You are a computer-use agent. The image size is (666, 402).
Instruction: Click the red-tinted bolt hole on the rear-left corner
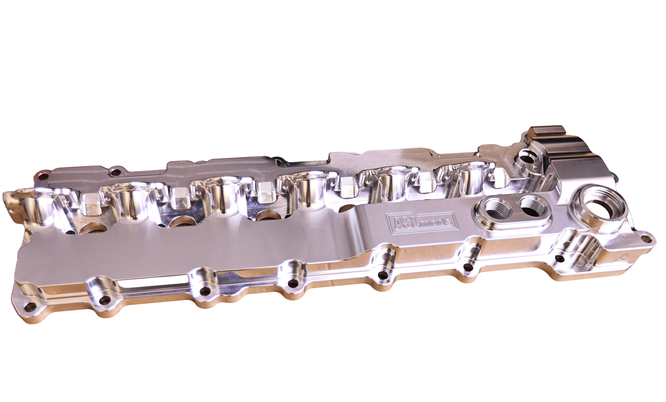pyautogui.click(x=42, y=175)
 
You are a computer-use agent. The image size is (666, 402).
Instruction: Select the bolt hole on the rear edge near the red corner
pyautogui.click(x=116, y=171)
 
